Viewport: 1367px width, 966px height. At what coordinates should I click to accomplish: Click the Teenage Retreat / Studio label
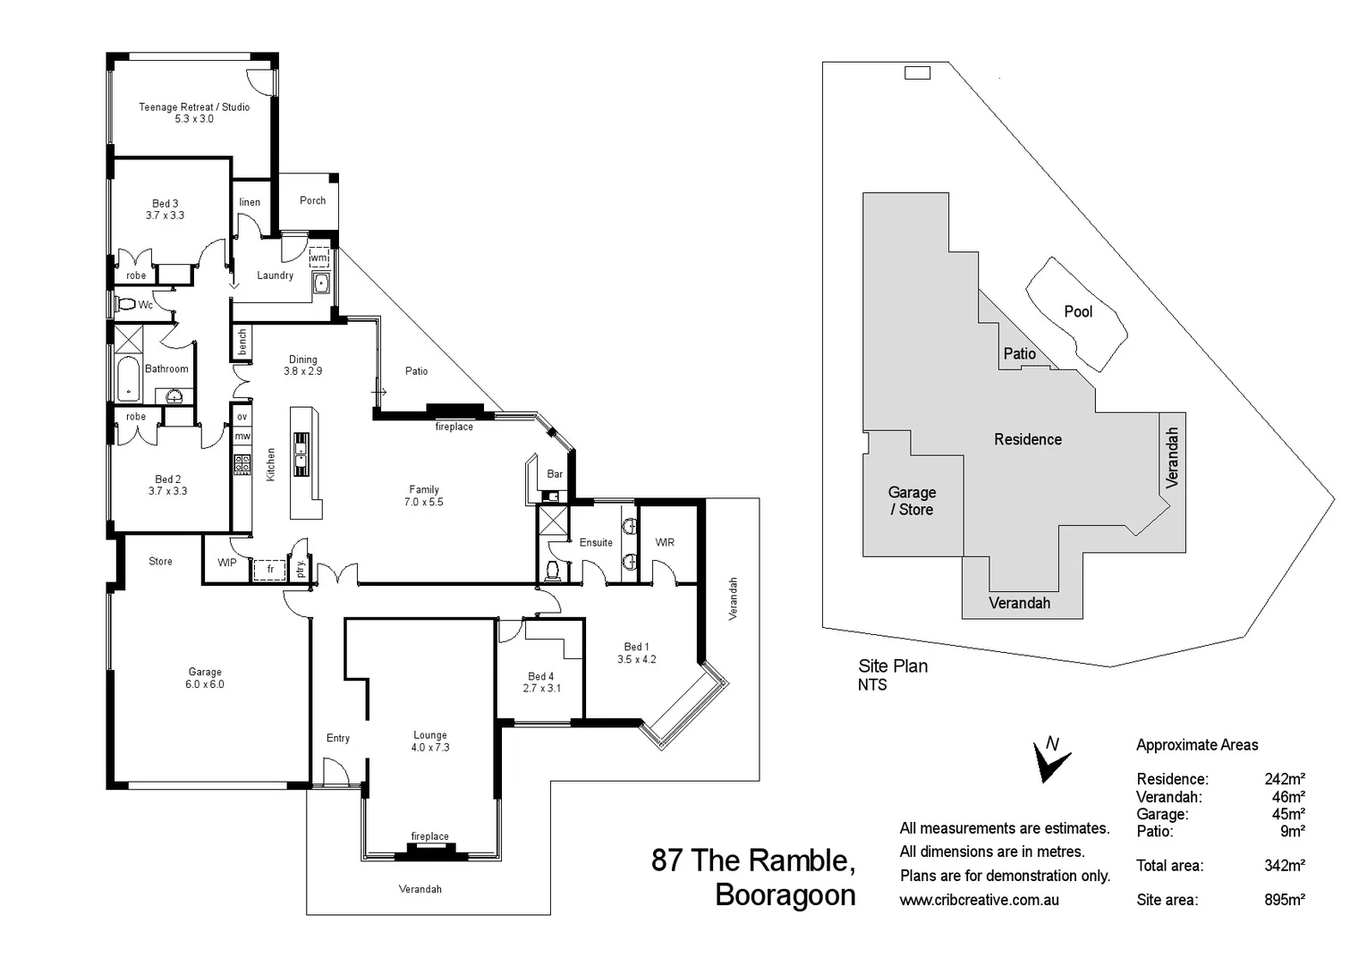[194, 113]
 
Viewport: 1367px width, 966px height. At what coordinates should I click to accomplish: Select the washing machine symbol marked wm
[318, 258]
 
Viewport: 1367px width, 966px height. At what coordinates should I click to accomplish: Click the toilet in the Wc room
[125, 305]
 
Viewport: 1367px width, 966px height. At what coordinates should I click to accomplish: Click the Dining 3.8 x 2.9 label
[302, 365]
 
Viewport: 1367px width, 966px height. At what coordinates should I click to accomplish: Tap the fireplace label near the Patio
[454, 427]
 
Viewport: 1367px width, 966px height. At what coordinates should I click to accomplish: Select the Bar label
[555, 474]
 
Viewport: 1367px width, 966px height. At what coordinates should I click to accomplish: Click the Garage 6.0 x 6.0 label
[205, 678]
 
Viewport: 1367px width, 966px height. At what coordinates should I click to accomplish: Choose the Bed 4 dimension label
[541, 688]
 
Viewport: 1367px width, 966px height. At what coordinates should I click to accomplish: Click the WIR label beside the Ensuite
[665, 542]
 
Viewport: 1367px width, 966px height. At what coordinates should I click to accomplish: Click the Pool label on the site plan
[1078, 311]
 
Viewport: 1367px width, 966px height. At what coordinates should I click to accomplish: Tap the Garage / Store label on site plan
[912, 501]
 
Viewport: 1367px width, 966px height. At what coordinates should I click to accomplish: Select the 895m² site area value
[1284, 900]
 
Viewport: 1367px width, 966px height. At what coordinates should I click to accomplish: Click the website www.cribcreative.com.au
[979, 900]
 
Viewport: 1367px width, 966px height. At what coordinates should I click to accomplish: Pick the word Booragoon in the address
[785, 895]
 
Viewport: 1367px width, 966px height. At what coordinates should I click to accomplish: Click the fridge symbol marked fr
[269, 569]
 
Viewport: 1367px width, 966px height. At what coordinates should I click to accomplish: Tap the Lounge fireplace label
[429, 836]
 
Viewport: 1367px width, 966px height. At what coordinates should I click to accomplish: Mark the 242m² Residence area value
[1284, 779]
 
